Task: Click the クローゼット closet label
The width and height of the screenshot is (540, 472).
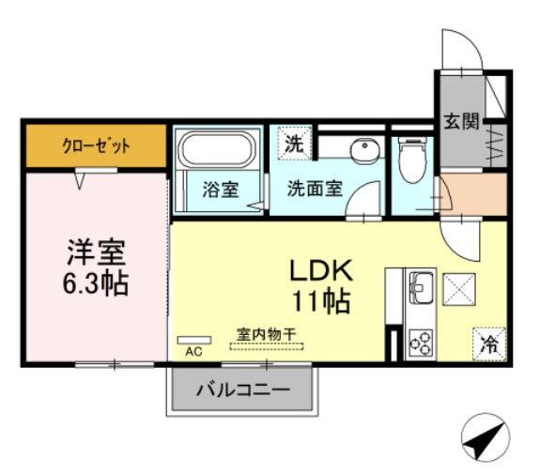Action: tap(96, 145)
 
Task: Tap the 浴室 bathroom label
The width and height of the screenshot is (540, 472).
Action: tap(220, 188)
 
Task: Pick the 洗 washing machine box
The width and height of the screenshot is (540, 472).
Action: tap(294, 145)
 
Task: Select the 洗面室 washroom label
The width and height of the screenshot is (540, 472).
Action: tap(314, 188)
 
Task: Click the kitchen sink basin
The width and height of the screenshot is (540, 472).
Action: tap(419, 282)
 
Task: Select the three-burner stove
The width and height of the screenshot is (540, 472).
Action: tap(419, 342)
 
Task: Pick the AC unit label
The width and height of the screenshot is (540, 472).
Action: tap(194, 352)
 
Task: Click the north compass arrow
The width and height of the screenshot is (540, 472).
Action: tap(485, 436)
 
